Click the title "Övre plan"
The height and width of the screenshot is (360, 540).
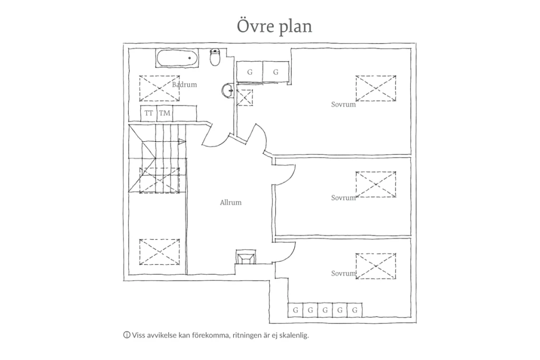[x=274, y=26]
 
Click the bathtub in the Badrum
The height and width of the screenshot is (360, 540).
[x=178, y=59]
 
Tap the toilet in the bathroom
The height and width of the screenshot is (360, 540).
[x=215, y=57]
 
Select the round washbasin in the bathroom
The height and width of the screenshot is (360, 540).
[x=228, y=90]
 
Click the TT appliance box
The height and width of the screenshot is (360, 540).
[x=149, y=113]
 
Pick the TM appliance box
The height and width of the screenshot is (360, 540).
[x=165, y=113]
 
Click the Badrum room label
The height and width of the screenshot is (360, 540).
[x=185, y=85]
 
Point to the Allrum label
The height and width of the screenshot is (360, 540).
[x=231, y=202]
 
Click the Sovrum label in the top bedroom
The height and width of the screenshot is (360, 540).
[x=343, y=104]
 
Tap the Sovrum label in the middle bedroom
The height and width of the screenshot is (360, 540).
[x=343, y=198]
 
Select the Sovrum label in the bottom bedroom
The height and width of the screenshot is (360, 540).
[x=343, y=273]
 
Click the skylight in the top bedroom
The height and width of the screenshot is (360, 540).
[x=375, y=89]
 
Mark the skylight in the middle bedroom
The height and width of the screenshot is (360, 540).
[x=375, y=184]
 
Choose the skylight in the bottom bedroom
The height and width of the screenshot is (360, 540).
[x=375, y=266]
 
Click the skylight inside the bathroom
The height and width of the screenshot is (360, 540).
[x=159, y=89]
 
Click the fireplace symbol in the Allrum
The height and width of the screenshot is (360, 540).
[x=246, y=257]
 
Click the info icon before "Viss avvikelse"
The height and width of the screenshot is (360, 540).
[x=127, y=335]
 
